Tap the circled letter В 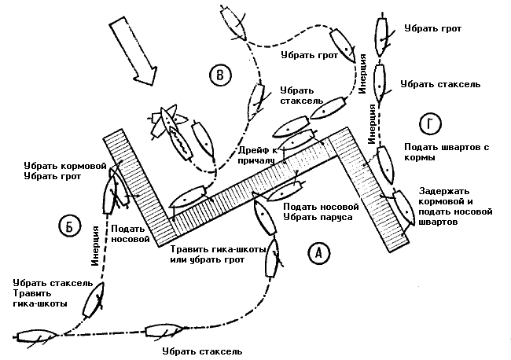(x=222, y=75)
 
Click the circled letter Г (x=429, y=124)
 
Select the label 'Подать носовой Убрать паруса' (x=316, y=211)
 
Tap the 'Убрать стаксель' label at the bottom (x=201, y=351)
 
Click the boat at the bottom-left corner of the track (x=35, y=339)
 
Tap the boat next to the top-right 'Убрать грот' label (x=382, y=33)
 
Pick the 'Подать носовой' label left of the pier (x=130, y=233)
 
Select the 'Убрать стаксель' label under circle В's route (x=298, y=95)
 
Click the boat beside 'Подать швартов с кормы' (x=387, y=163)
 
